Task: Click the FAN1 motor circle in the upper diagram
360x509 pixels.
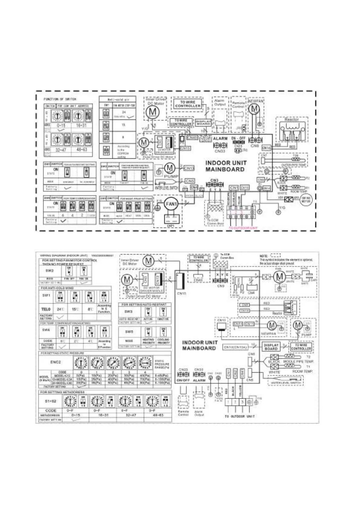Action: [171, 204]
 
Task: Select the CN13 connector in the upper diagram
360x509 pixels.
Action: [189, 168]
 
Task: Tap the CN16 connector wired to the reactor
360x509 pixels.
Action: [266, 148]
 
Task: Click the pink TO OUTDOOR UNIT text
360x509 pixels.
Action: [243, 228]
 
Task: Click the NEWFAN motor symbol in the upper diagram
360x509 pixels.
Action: [255, 108]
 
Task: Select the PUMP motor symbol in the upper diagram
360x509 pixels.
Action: [170, 168]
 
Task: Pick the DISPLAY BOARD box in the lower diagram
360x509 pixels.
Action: [271, 347]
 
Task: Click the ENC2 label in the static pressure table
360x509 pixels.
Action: [56, 361]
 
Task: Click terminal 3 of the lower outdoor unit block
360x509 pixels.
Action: [242, 402]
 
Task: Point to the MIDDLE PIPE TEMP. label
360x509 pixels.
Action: [298, 361]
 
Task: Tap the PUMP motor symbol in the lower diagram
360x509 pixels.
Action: [298, 325]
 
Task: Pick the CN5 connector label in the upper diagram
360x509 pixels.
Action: [190, 181]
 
